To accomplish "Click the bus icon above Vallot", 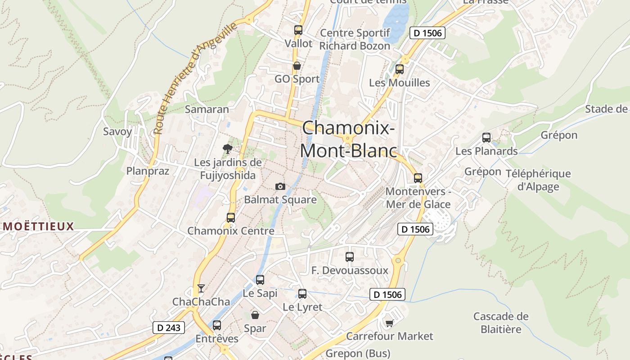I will (x=298, y=30).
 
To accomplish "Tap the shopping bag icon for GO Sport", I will (x=297, y=66).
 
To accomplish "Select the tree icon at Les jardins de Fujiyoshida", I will (x=228, y=148).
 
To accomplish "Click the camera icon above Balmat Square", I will (x=280, y=186).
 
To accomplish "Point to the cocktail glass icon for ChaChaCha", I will (x=201, y=288).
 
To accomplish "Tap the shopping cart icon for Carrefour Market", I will (x=389, y=323).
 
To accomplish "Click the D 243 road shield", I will (x=169, y=328).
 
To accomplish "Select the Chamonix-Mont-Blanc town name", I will (x=349, y=139).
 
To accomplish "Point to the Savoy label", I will (x=117, y=132).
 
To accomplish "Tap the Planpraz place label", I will (x=148, y=171).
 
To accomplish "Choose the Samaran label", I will (x=207, y=109).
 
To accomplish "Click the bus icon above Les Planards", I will (x=486, y=138).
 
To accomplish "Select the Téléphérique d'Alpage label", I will (x=538, y=180).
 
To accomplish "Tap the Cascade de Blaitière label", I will (x=501, y=323).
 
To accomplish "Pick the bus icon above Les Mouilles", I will (x=399, y=69).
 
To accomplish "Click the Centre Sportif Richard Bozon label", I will (x=355, y=40).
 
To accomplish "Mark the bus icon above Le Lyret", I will (x=302, y=294).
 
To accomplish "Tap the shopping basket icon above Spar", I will (x=255, y=315).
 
